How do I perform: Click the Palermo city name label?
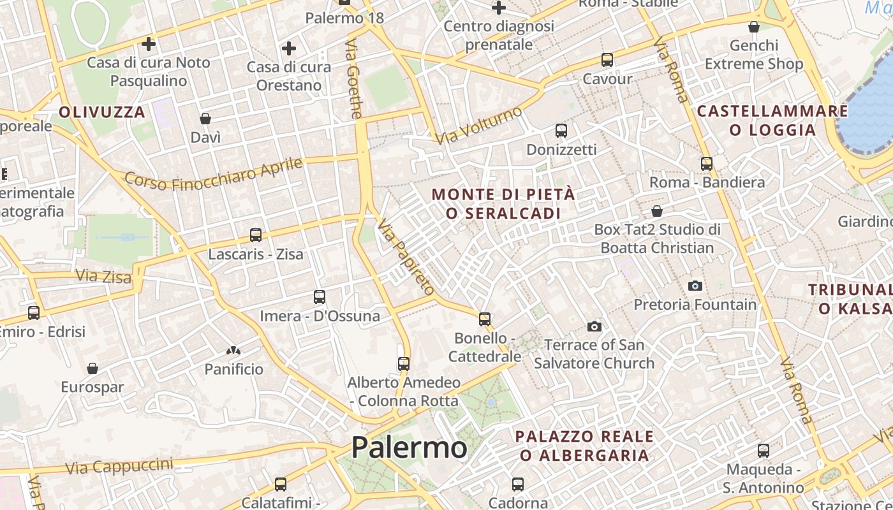[x=409, y=447]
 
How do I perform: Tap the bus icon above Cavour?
[x=607, y=60]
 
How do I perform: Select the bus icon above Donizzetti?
[x=561, y=131]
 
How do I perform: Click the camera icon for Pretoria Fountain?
[x=695, y=286]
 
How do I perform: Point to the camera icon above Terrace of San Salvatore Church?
[x=594, y=326]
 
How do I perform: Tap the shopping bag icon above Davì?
[x=205, y=119]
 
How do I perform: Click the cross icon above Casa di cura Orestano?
[x=289, y=48]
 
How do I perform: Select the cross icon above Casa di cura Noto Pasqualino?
[x=149, y=44]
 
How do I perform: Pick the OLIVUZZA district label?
[x=102, y=112]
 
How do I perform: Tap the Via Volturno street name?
[x=478, y=125]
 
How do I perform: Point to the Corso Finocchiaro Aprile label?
[x=214, y=174]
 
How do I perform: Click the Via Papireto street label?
[x=406, y=257]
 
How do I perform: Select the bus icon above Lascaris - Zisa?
[x=256, y=235]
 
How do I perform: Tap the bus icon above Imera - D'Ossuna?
[x=320, y=297]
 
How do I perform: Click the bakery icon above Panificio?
[x=233, y=350]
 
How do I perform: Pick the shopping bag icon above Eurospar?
[x=92, y=368]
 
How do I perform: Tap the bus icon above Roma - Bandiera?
[x=707, y=163]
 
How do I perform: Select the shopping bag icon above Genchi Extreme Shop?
[x=753, y=27]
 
